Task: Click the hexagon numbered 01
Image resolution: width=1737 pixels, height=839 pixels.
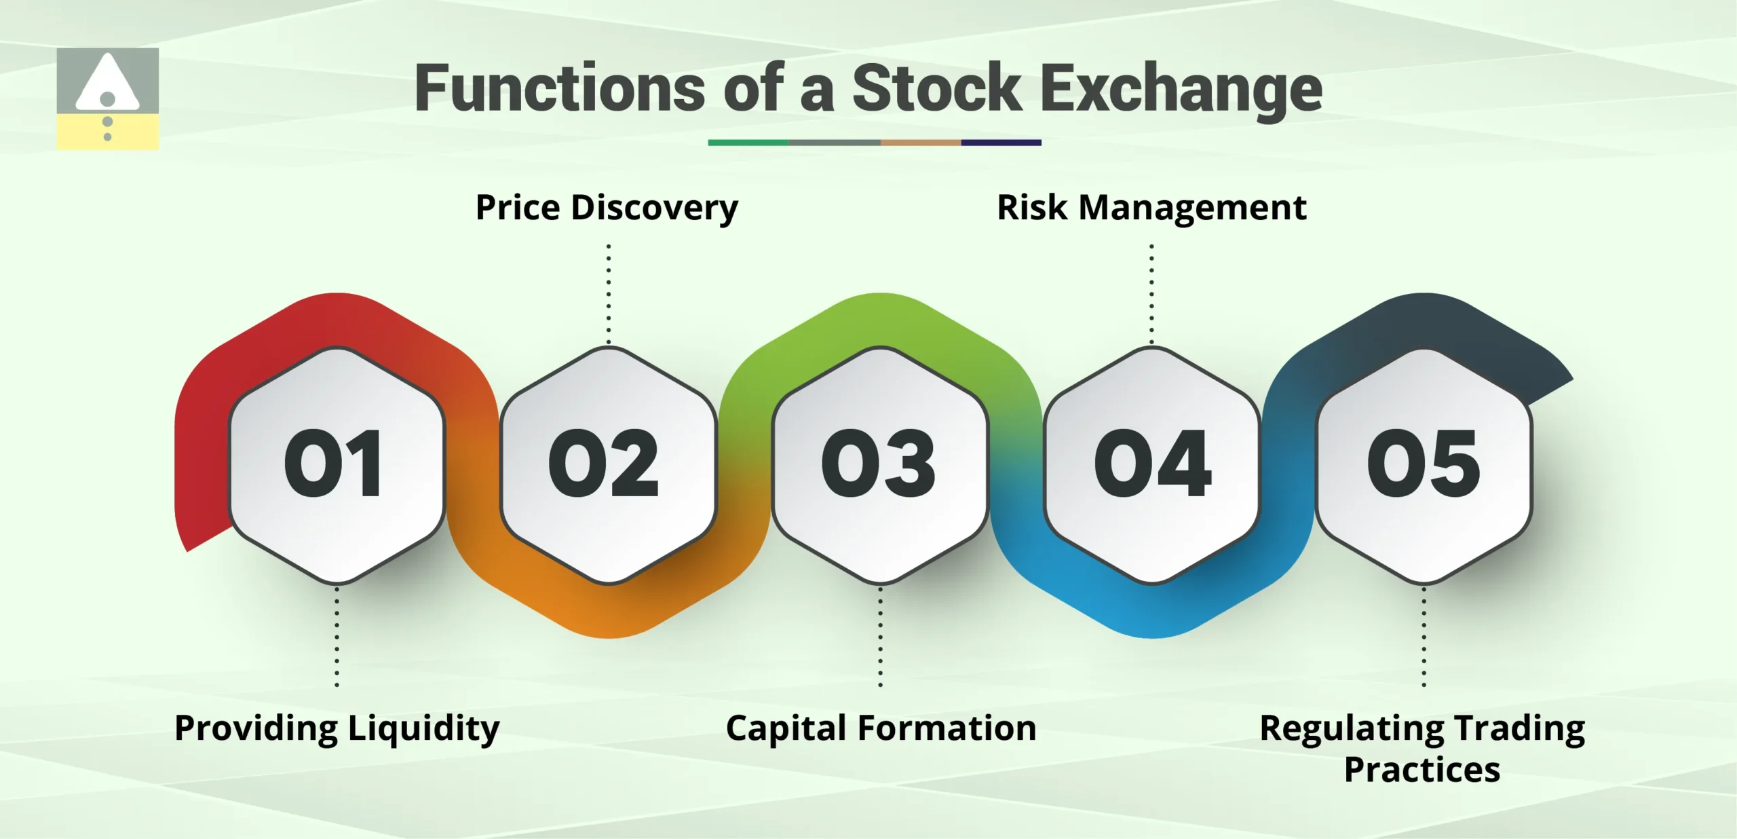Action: pos(337,465)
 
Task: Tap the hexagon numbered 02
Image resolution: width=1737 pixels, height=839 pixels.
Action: pos(608,465)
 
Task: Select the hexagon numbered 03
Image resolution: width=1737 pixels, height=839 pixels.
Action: pos(880,465)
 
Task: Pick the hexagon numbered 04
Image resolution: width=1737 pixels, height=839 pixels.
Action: pos(1152,465)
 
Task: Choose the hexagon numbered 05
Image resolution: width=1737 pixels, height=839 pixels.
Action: pos(1424,465)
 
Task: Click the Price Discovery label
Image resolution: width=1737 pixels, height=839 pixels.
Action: pos(607,208)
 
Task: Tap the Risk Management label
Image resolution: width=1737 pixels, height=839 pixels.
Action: pos(1151,208)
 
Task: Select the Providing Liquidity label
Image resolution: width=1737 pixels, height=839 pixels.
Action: pos(337,728)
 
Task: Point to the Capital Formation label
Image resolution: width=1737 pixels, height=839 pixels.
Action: pos(881,728)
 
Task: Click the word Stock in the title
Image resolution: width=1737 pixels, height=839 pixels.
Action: pos(936,88)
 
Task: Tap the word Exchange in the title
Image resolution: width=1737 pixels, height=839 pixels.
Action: pos(1181,88)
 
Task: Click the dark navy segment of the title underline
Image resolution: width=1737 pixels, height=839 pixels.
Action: pos(1001,143)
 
